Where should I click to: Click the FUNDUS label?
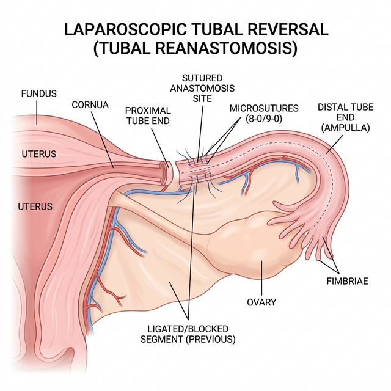pos(38,94)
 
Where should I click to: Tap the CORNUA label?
pos(90,104)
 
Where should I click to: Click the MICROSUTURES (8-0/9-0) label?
pos(264,114)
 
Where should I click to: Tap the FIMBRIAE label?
pos(349,282)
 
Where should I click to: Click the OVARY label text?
pos(261,301)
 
